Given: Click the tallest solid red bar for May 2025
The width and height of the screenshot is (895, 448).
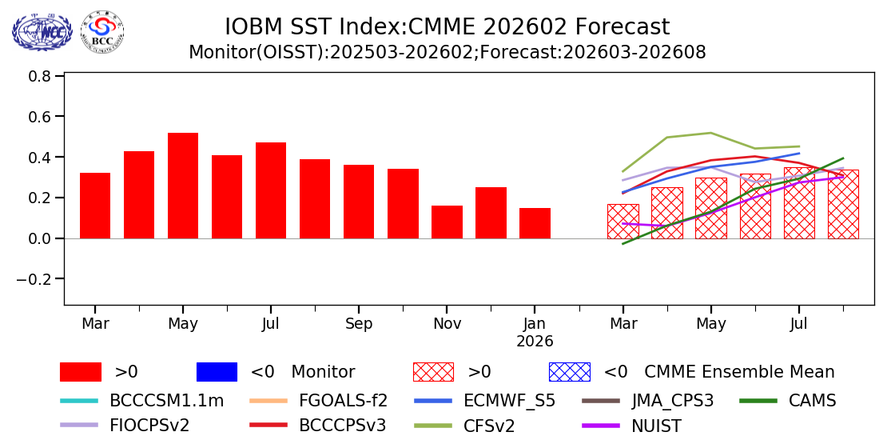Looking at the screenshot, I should point(183,186).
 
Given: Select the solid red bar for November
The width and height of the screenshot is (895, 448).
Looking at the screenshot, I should point(447,222).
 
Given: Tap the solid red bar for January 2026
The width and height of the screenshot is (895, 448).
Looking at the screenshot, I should point(535,223).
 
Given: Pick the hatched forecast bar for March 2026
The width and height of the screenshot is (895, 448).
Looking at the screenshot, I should point(623,222).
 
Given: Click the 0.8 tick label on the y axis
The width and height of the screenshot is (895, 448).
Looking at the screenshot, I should point(41,77).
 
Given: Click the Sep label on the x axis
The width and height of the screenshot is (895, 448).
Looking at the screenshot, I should point(359,324).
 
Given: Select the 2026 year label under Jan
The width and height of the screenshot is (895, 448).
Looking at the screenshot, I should point(535,342).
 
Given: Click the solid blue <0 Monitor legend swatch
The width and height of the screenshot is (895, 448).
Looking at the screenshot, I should point(217,372).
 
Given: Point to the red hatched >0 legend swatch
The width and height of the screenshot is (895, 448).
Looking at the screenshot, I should point(433,372).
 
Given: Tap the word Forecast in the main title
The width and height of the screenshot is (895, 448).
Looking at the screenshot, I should point(622,27).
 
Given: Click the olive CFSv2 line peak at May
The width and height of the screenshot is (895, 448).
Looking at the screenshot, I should point(710,133).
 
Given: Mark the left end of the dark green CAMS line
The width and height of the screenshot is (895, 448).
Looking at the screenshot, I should point(623,243).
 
